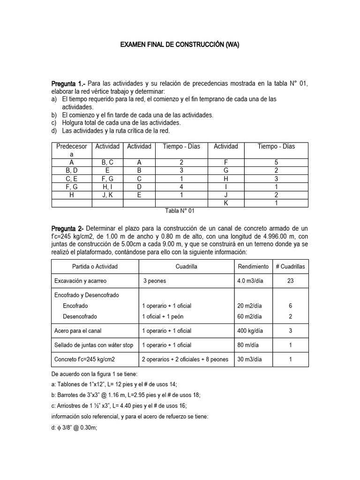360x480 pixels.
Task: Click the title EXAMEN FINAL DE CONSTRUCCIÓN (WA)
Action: pos(180,45)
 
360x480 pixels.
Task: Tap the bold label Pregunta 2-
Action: pos(67,228)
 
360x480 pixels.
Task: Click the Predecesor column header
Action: pos(72,150)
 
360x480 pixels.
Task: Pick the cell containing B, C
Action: pos(107,162)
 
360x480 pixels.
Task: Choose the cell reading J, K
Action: pos(107,195)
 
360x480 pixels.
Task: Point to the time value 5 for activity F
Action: pos(276,162)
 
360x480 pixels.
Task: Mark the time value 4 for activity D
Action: pos(181,187)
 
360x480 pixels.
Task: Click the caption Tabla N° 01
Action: pos(180,211)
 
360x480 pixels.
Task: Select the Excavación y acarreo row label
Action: pos(81,281)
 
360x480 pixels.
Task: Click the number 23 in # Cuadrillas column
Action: pos(290,281)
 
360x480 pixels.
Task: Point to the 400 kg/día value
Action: pos(250,331)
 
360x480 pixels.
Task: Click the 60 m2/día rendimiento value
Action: pos(250,316)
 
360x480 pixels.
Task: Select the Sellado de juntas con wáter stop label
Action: pos(94,345)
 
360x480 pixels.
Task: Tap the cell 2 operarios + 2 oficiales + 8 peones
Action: pos(185,360)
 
